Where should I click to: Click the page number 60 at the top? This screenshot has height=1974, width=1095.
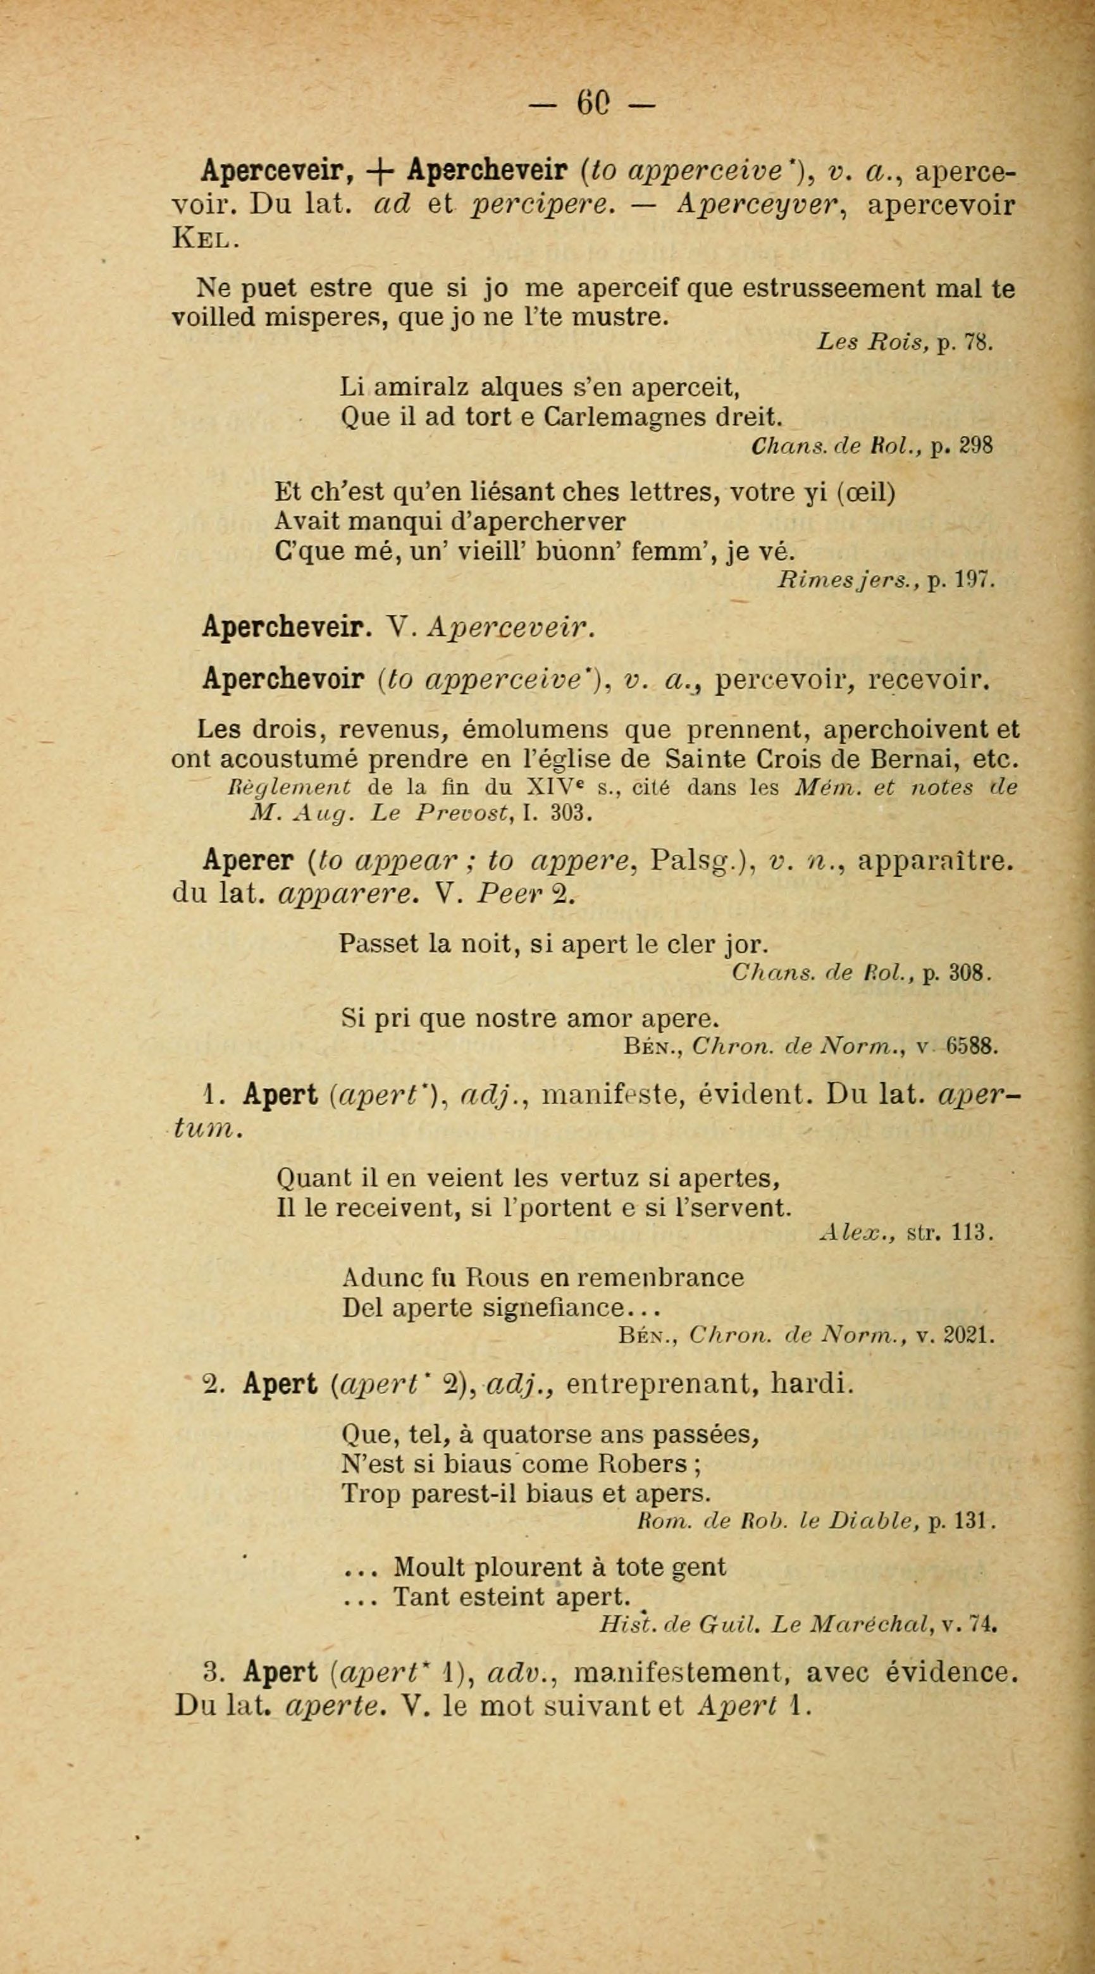click(592, 102)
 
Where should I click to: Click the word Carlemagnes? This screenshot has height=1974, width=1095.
click(620, 416)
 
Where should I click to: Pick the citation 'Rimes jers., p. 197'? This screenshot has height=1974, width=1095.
click(886, 580)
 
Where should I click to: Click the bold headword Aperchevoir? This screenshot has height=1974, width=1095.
click(283, 679)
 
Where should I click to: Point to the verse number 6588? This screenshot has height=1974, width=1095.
click(972, 1047)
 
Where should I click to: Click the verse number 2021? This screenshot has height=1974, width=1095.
click(969, 1336)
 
